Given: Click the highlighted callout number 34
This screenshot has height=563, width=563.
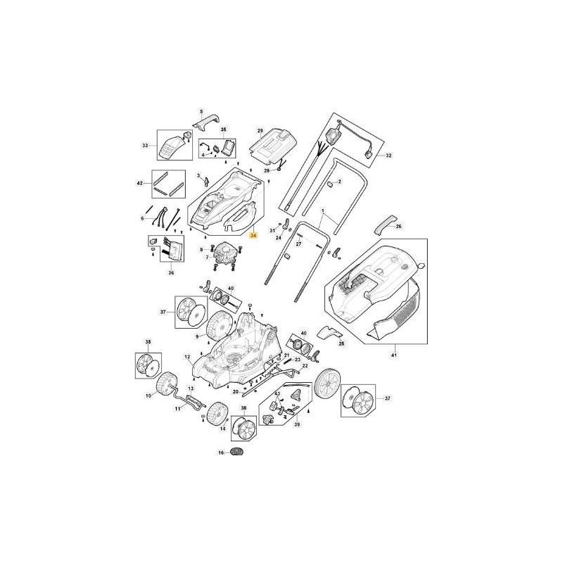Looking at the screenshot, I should tap(254, 236).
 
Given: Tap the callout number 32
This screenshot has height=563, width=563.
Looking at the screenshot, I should tap(389, 155).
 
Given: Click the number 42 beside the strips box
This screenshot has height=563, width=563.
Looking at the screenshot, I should tap(139, 183).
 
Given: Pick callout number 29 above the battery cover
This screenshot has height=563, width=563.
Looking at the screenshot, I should tap(260, 132).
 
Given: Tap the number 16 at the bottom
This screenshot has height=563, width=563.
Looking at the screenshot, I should tap(220, 453).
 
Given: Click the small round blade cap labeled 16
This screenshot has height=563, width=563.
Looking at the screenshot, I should tap(237, 452).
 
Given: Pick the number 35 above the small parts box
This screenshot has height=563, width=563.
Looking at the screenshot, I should tap(224, 131).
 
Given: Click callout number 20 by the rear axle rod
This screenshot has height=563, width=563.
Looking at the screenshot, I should tap(235, 391).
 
